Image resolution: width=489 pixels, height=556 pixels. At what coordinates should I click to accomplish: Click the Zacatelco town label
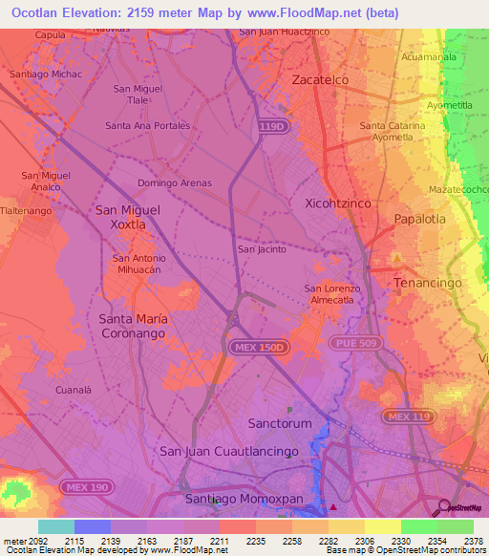[x=320, y=79]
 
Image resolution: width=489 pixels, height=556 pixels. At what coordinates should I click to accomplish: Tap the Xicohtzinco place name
[x=337, y=203]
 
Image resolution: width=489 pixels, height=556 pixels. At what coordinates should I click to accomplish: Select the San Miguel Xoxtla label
[x=127, y=216]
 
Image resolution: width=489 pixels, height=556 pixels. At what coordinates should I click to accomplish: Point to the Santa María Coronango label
[x=132, y=326]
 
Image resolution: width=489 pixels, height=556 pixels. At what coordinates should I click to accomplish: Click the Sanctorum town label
[x=280, y=422]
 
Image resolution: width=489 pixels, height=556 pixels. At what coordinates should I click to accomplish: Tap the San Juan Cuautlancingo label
[x=229, y=451]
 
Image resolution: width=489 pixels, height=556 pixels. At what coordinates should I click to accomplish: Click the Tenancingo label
[x=428, y=283]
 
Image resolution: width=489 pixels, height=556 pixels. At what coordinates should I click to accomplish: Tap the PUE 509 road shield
[x=354, y=342]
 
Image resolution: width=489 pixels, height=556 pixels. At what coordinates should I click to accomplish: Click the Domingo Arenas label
[x=175, y=182]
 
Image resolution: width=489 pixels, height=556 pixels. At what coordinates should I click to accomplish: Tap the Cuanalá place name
[x=74, y=390]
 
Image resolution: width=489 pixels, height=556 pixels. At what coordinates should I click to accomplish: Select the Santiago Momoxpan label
[x=229, y=498]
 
